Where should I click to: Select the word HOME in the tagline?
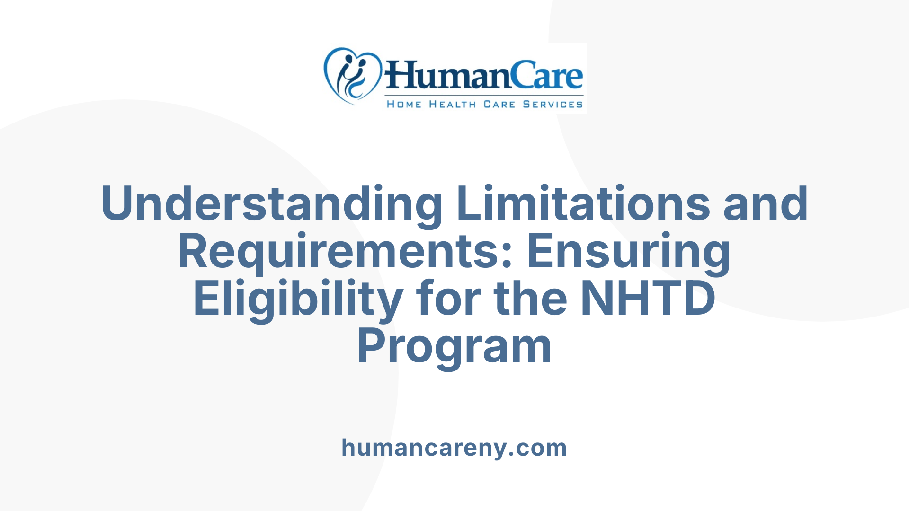pyautogui.click(x=404, y=104)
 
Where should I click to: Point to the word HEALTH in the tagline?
pyautogui.click(x=452, y=104)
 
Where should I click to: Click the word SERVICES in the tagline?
pyautogui.click(x=553, y=104)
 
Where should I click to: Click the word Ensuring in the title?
pyautogui.click(x=628, y=252)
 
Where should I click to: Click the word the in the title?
pyautogui.click(x=530, y=299)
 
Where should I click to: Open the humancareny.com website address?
pyautogui.click(x=454, y=448)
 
